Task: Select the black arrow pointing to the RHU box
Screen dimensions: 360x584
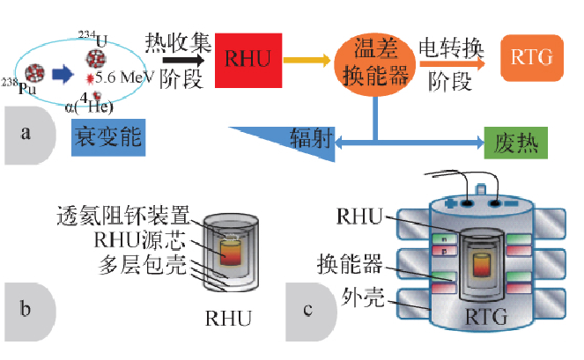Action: [x=184, y=61]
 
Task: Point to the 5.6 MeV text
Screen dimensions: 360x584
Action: [x=126, y=77]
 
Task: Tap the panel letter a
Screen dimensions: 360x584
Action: [x=26, y=134]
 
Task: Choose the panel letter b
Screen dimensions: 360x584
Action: [x=26, y=308]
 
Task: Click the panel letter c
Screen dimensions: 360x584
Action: [x=307, y=309]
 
